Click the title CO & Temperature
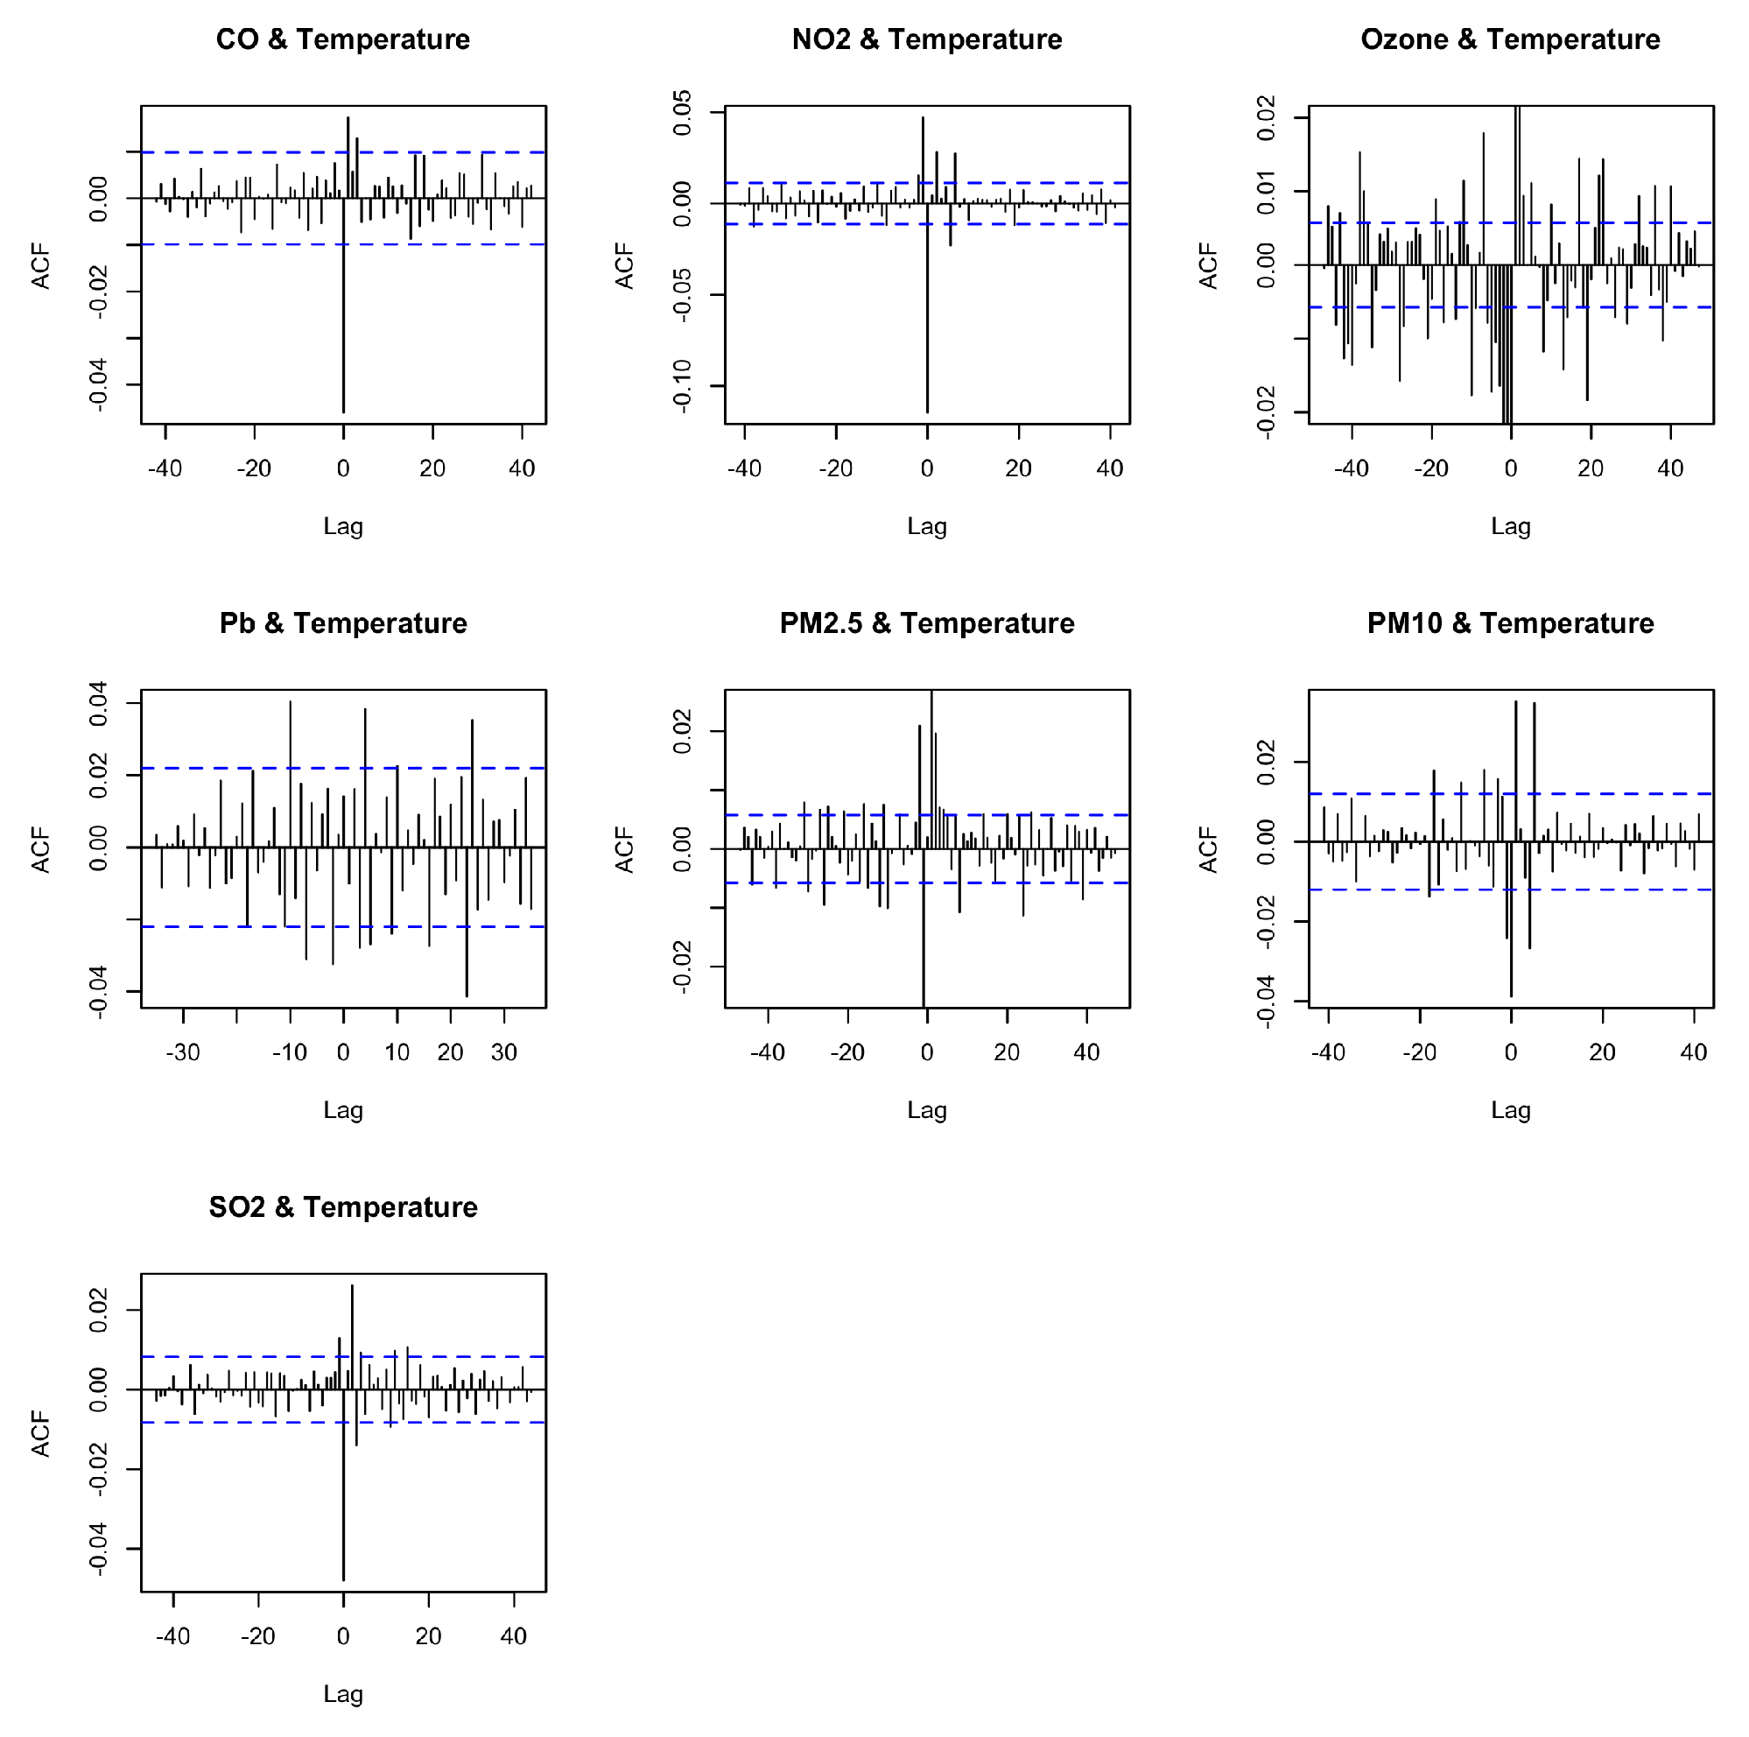click(343, 40)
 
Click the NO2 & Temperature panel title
click(927, 40)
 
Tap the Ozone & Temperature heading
click(1510, 40)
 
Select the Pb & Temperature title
click(343, 624)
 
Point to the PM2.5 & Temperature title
click(927, 624)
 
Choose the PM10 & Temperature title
click(1510, 624)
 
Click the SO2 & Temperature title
click(343, 1207)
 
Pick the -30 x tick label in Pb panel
click(183, 1052)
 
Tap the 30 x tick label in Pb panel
click(504, 1052)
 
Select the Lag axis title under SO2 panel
click(343, 1693)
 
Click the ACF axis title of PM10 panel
click(1209, 849)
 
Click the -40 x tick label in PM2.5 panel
click(768, 1052)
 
